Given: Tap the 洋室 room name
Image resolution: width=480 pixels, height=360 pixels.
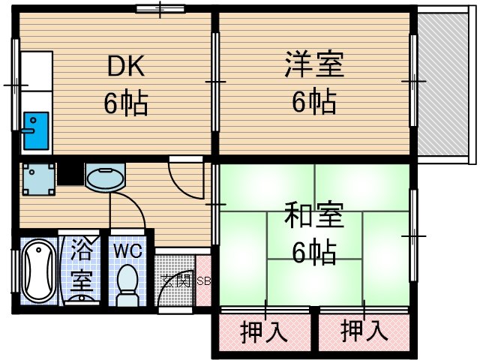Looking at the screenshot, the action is [313, 64].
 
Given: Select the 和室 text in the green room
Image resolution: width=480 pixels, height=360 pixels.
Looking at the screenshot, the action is [313, 216].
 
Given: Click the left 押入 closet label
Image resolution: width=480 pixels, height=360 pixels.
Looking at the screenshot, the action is [264, 331].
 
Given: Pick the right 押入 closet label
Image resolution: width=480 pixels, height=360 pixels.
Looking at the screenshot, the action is [364, 331].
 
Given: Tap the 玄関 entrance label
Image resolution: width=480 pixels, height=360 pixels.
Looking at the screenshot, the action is [176, 281].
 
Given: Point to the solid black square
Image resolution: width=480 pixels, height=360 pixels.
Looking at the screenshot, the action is [70, 174].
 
